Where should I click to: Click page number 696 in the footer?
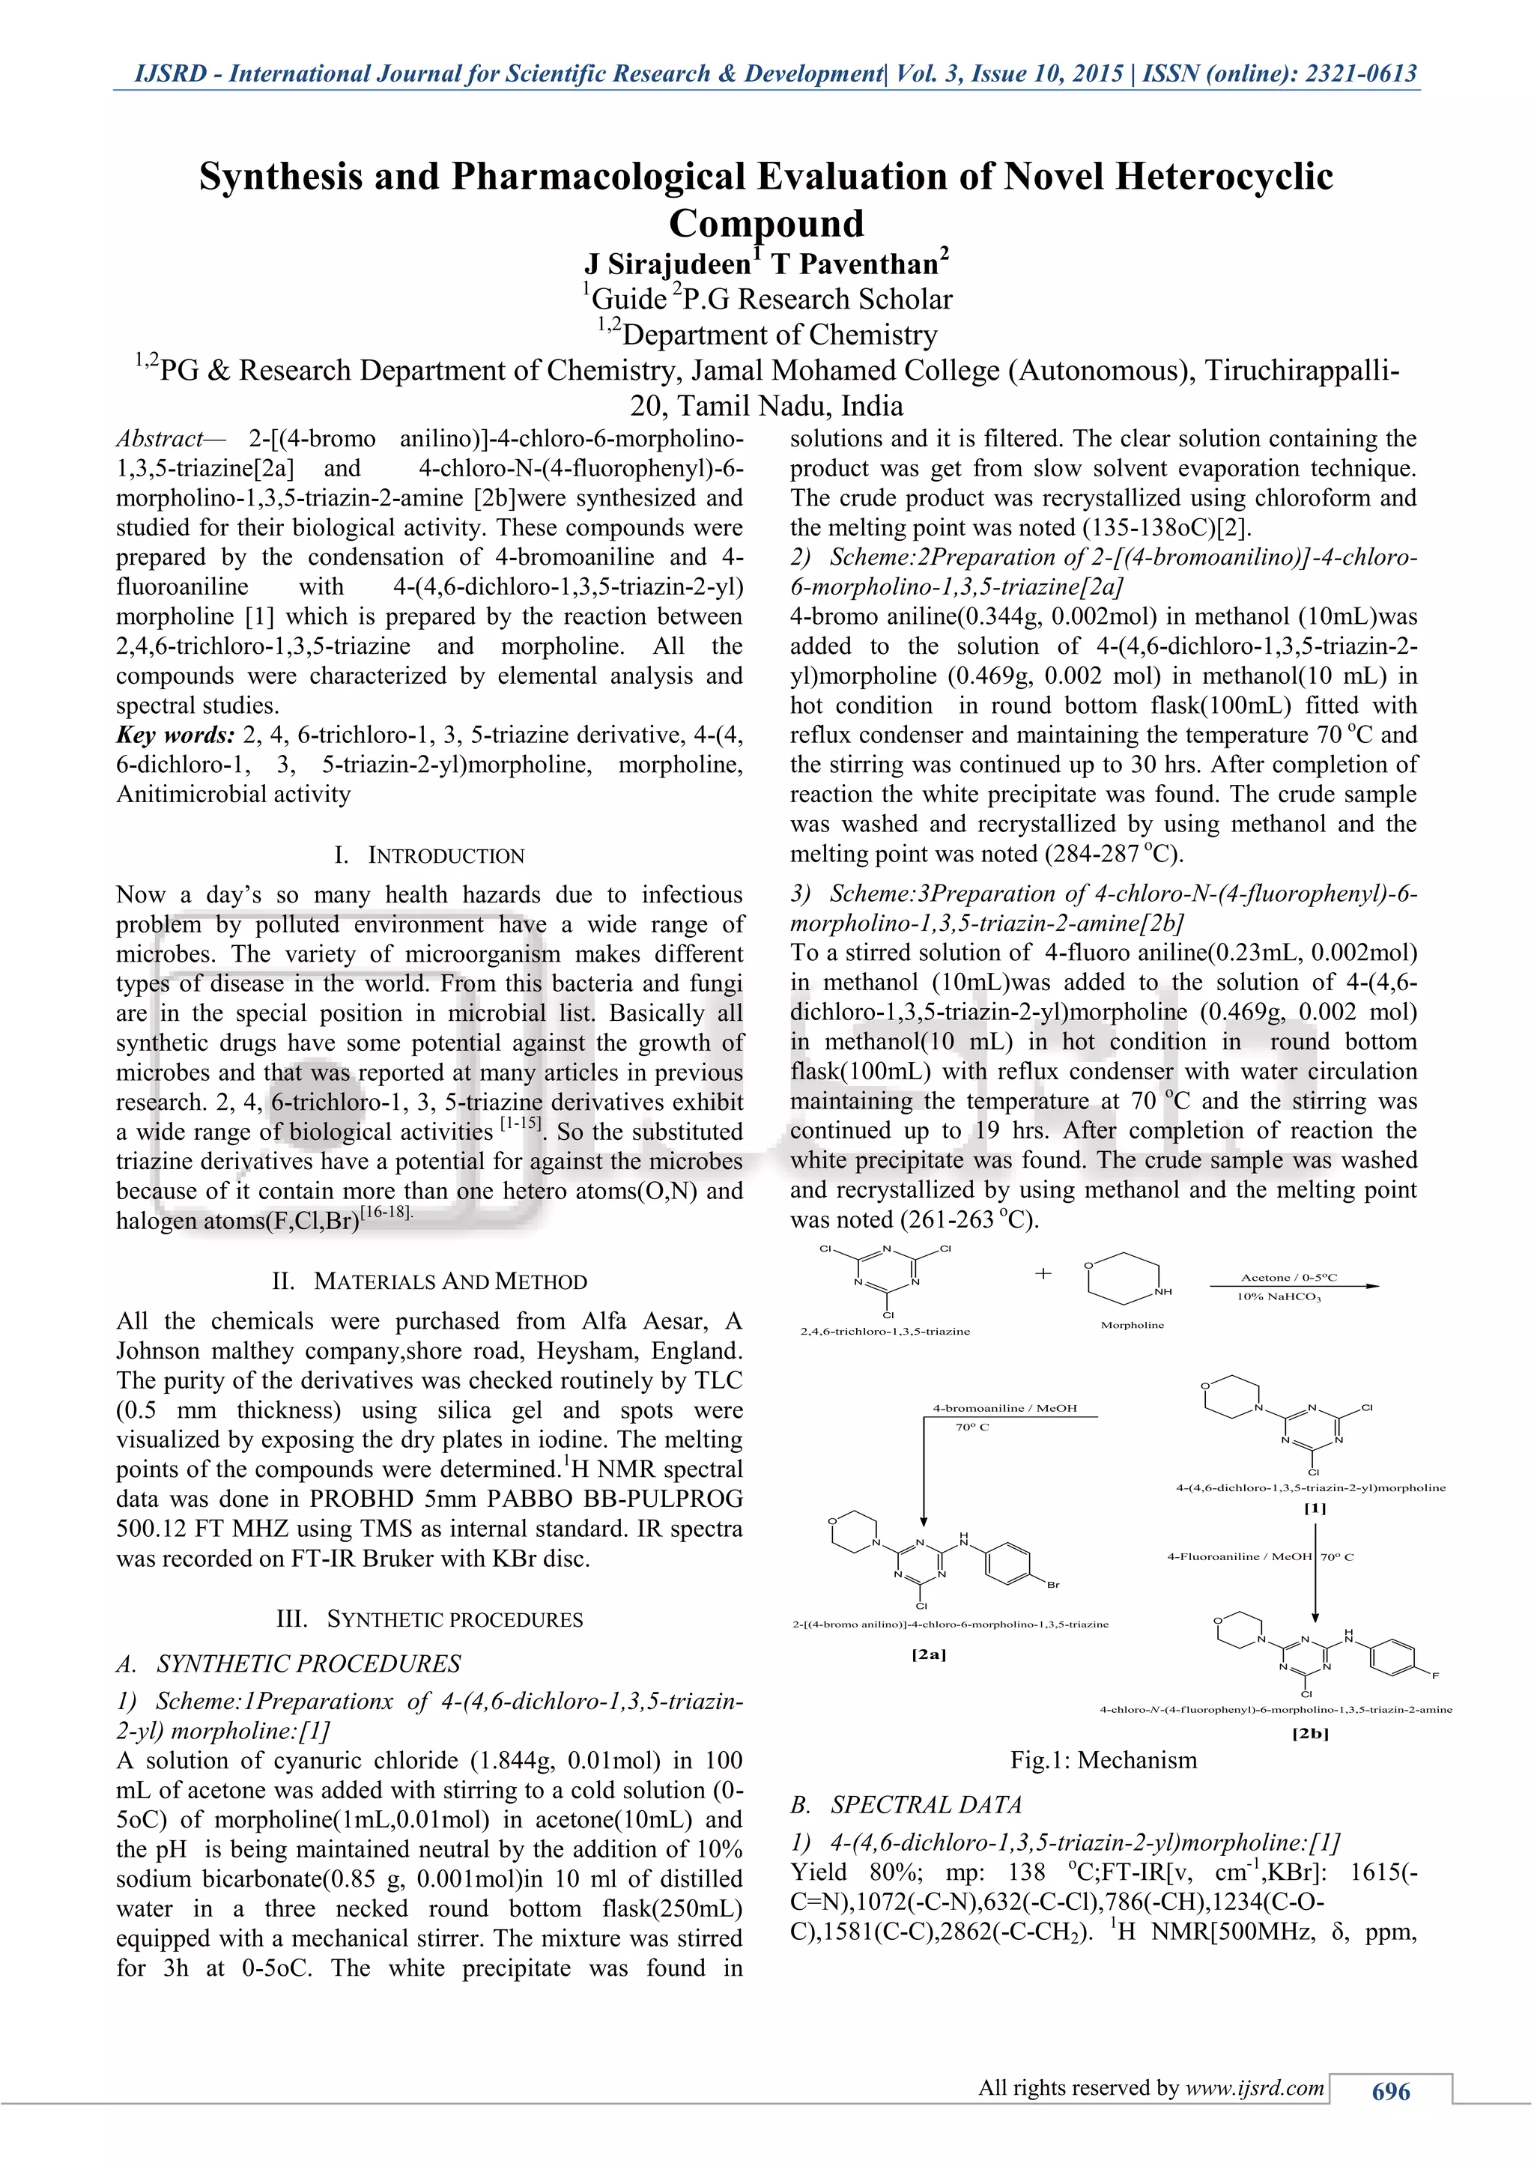[1389, 2092]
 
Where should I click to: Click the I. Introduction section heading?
[430, 856]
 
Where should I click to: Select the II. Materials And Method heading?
[430, 1282]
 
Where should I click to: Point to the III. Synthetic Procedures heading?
[430, 1619]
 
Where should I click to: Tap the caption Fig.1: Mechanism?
[1103, 1760]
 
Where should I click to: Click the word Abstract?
[159, 440]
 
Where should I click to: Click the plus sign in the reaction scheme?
[1043, 1273]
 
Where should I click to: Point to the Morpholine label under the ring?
[1132, 1326]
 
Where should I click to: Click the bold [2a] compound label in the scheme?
[929, 1655]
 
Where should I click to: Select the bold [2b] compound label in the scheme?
[1310, 1734]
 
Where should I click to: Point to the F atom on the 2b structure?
[1435, 1676]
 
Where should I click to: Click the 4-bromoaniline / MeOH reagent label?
[1004, 1409]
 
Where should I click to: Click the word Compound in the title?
[766, 224]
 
